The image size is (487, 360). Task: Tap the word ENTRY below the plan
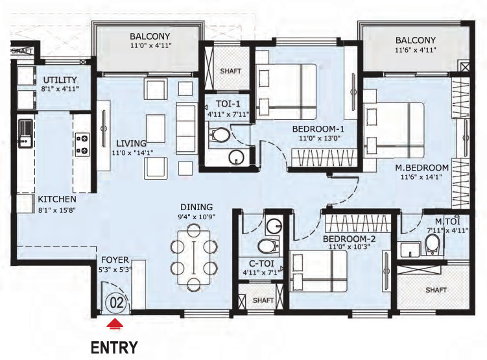click(114, 347)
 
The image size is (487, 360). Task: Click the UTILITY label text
click(59, 79)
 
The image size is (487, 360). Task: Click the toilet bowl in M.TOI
click(433, 245)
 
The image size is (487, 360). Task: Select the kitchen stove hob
click(84, 144)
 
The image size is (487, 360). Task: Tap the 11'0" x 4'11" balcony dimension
click(149, 46)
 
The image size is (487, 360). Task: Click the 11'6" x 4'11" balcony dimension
click(416, 49)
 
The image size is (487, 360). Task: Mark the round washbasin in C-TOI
click(274, 225)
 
